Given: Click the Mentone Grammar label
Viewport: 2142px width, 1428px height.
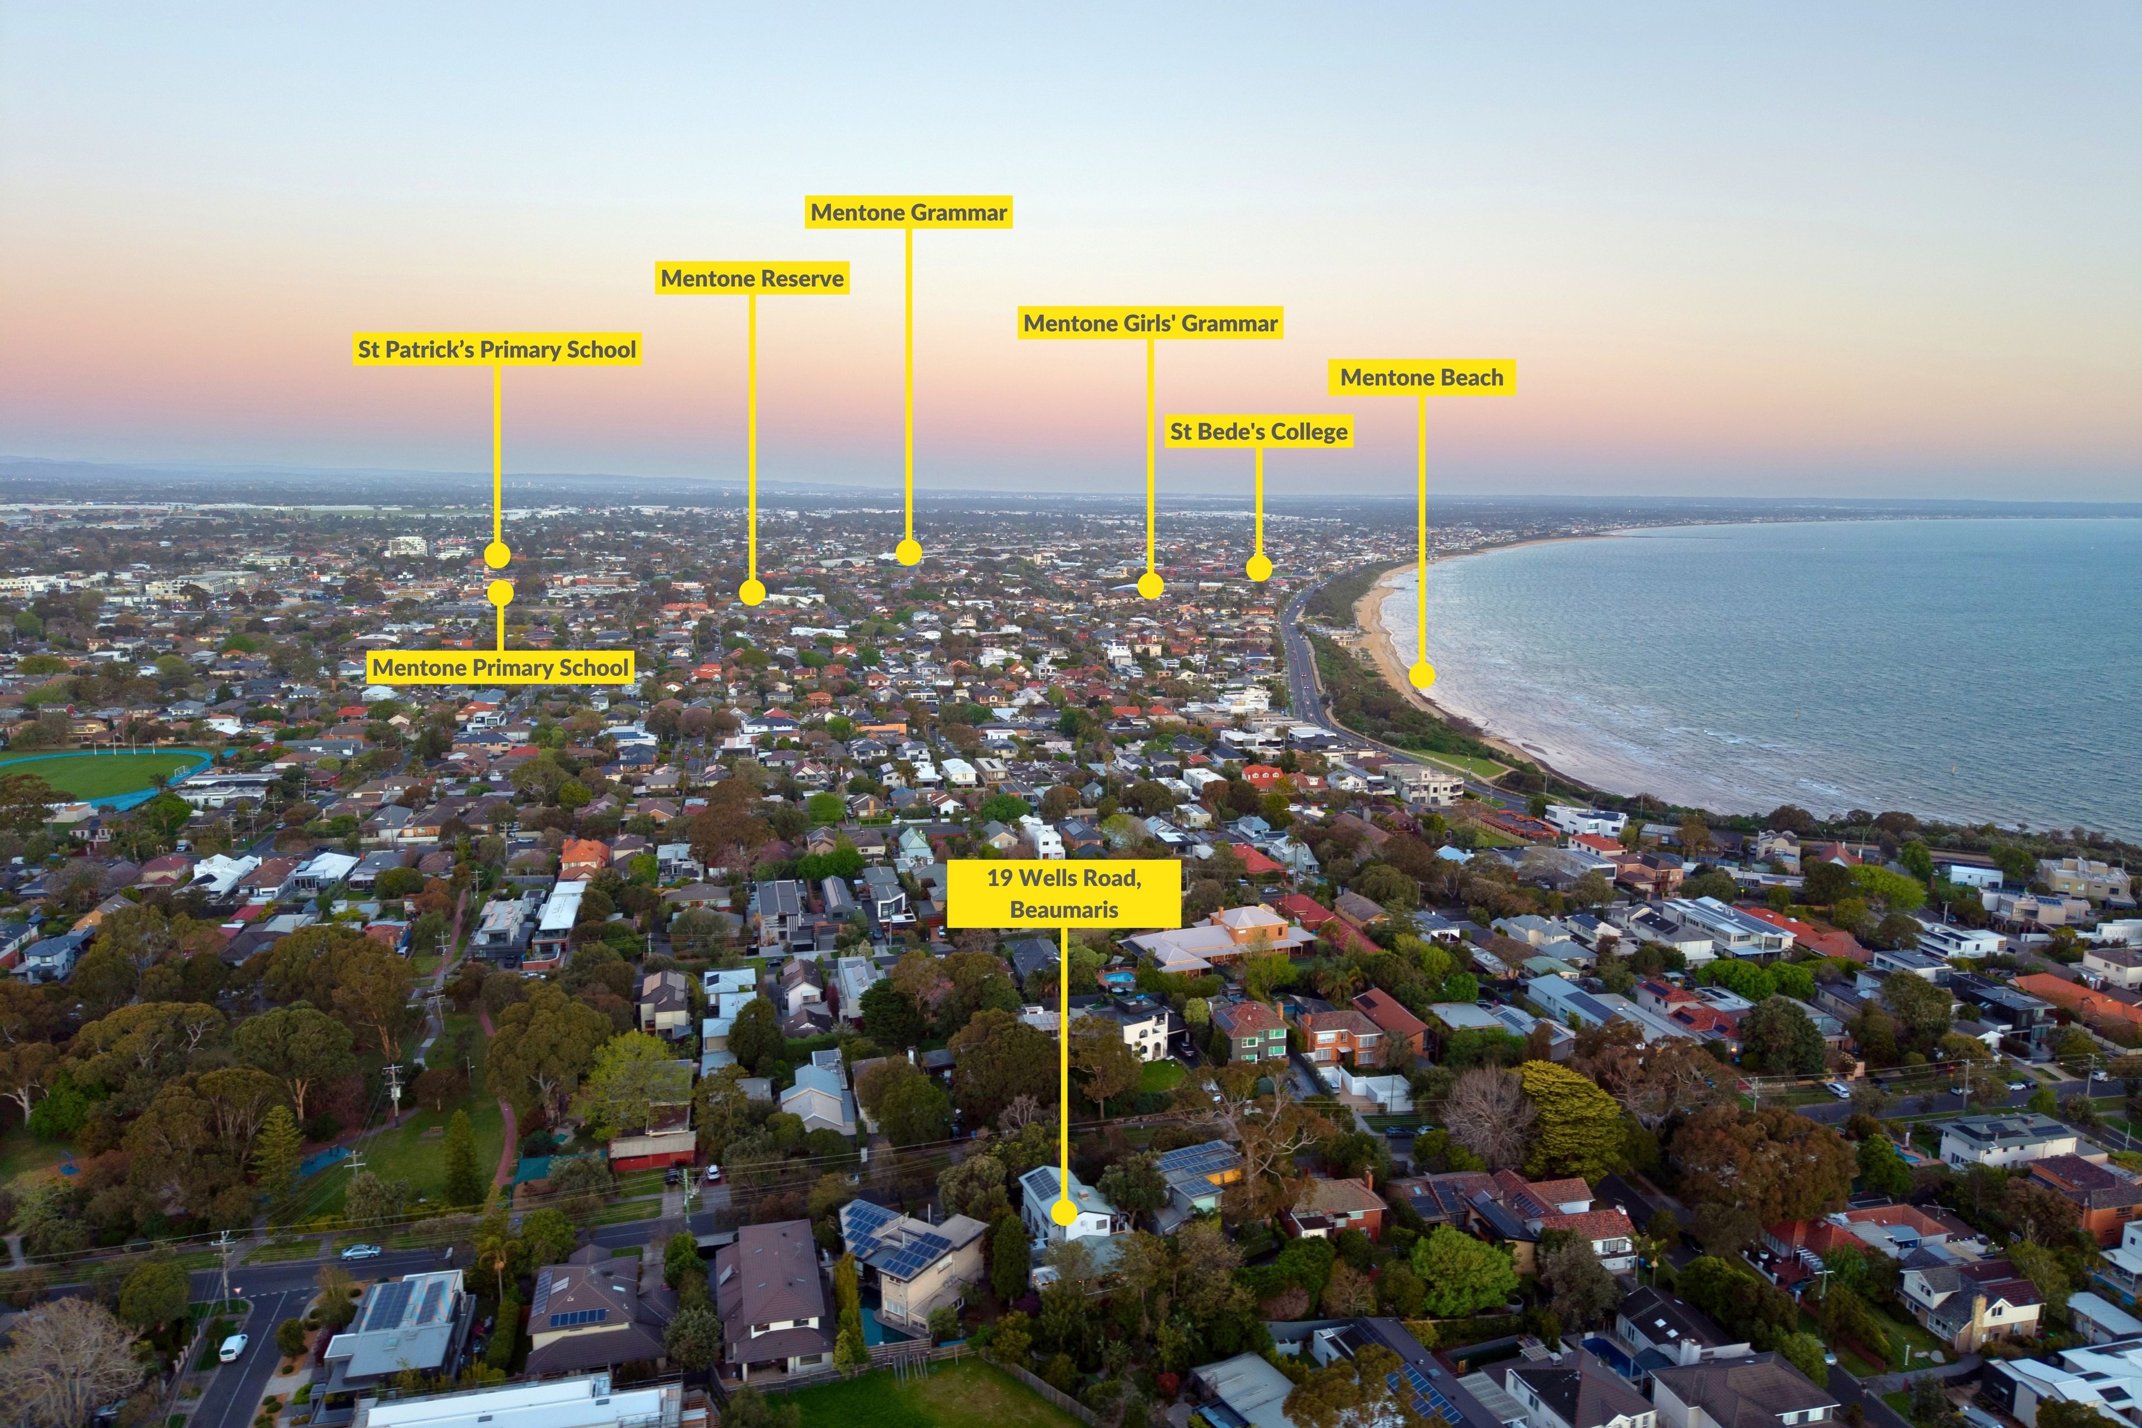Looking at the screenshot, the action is click(909, 212).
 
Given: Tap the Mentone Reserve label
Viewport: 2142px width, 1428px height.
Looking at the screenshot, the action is click(752, 278).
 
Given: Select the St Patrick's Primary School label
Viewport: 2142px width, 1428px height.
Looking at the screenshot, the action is click(497, 349).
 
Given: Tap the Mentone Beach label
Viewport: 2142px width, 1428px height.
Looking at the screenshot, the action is click(1422, 377).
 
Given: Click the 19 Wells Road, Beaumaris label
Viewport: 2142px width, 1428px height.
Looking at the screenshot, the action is click(1064, 894).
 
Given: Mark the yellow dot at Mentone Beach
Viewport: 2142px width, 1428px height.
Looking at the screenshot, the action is click(1422, 675).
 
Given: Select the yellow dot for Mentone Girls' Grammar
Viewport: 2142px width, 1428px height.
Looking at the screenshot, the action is click(1150, 586).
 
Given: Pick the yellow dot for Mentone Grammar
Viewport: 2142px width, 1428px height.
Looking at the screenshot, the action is click(908, 552).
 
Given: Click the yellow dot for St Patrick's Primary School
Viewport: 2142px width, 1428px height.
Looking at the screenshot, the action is click(497, 554).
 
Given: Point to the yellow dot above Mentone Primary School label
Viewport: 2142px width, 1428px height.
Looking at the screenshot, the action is click(500, 593).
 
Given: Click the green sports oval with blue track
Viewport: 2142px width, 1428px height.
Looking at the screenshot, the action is click(100, 775).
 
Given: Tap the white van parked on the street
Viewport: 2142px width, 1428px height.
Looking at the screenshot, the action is click(233, 1347).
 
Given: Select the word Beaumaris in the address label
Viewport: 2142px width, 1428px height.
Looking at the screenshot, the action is click(1064, 909).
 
